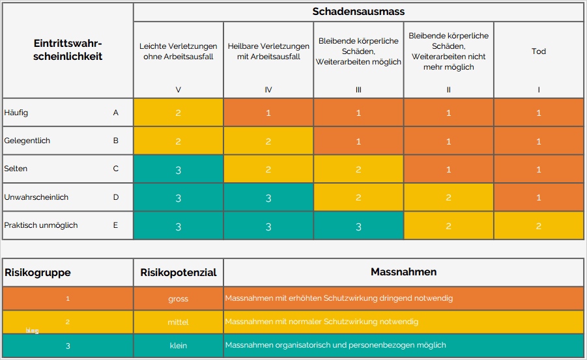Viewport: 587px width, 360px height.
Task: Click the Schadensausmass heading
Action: click(358, 12)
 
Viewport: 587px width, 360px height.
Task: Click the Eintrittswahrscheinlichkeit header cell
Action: click(68, 49)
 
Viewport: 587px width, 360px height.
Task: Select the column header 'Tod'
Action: click(539, 51)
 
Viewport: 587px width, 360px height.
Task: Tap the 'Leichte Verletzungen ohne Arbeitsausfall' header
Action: click(179, 51)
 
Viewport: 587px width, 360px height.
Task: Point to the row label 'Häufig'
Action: click(16, 113)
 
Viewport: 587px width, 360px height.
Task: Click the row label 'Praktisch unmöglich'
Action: click(41, 225)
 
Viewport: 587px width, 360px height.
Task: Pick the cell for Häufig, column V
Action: click(179, 113)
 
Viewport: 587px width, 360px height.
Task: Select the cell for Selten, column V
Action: click(179, 169)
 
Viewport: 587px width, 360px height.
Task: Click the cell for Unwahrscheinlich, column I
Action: click(539, 197)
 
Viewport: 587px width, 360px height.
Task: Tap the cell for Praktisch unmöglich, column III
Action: click(358, 226)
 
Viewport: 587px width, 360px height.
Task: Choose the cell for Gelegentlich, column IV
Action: click(268, 141)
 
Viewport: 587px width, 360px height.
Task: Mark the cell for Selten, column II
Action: click(448, 169)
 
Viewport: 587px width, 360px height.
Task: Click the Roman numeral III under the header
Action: click(358, 90)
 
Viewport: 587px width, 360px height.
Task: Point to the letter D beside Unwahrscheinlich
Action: click(116, 197)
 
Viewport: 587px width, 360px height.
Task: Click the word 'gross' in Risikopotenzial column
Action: click(178, 299)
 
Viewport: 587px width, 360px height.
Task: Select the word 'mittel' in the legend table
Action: click(178, 322)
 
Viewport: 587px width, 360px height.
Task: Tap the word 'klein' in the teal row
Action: click(178, 345)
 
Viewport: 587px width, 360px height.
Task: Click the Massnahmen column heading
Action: click(403, 272)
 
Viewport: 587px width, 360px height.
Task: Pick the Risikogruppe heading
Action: click(38, 272)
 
